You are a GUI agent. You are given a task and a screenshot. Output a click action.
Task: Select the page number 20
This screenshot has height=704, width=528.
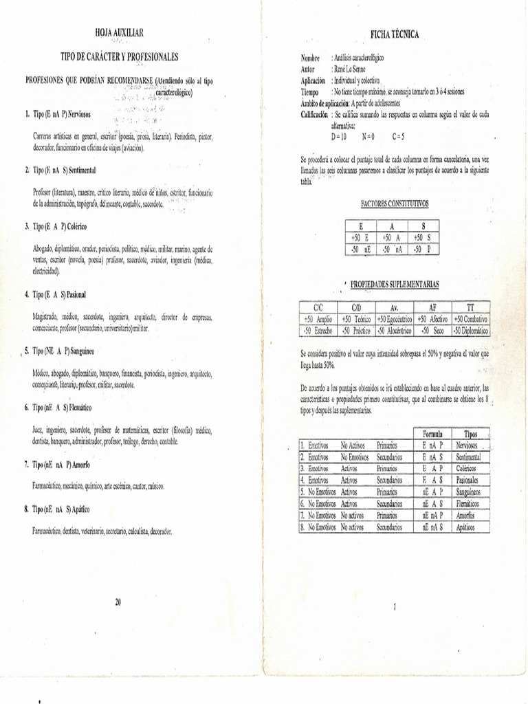[x=118, y=602]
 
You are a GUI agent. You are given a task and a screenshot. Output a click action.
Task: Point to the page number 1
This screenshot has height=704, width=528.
[x=395, y=606]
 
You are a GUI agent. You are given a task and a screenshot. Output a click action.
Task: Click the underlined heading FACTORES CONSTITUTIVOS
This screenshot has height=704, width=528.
[x=394, y=204]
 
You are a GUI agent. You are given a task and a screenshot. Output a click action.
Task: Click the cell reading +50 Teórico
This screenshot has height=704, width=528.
[x=357, y=320]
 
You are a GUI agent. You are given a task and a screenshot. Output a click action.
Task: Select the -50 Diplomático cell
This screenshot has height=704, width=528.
[x=470, y=331]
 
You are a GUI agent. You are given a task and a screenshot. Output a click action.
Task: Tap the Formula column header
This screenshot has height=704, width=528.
[x=432, y=434]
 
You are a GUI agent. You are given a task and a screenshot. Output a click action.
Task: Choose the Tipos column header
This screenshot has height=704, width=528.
[x=471, y=434]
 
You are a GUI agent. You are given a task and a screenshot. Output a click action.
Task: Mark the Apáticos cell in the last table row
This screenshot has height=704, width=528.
[x=470, y=527]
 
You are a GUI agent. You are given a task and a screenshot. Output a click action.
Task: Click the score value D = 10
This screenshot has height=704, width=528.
[x=340, y=136]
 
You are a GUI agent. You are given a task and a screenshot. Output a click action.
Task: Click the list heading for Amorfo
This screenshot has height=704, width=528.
[x=62, y=465]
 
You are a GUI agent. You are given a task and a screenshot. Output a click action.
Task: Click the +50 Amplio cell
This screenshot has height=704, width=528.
[x=318, y=320]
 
